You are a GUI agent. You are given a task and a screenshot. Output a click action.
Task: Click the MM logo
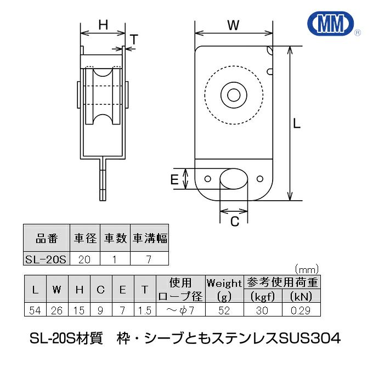331,24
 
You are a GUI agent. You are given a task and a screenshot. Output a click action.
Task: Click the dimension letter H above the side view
103,25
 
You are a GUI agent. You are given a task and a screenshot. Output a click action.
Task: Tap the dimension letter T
134,39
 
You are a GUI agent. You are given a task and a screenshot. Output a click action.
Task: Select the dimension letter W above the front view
233,25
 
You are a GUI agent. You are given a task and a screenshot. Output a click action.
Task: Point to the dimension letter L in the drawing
297,123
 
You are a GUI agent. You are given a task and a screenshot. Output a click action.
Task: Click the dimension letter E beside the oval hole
174,179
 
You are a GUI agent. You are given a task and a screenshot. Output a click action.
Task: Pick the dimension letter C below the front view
234,221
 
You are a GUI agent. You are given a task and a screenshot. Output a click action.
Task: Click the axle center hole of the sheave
234,95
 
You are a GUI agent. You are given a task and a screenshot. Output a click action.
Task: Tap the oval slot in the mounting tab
234,179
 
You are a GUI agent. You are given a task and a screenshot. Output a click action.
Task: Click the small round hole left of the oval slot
207,179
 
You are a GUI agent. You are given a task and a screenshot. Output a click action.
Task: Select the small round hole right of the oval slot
260,179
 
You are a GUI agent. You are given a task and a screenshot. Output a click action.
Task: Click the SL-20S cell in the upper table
46,259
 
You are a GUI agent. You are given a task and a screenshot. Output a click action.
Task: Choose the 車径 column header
85,238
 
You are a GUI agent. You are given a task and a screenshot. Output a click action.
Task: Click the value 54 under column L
35,310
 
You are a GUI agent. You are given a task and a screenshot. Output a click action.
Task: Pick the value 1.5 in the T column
145,310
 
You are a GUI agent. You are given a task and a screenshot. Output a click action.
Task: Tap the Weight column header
224,283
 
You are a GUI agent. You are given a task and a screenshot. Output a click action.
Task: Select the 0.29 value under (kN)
301,310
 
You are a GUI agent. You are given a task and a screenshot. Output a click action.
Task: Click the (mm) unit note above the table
307,269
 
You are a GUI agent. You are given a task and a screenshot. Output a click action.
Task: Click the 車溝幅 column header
150,238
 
